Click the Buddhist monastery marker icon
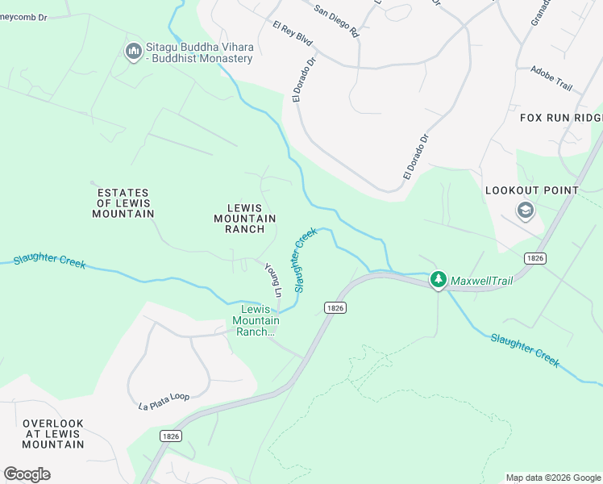[x=133, y=52]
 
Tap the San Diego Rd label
[x=336, y=22]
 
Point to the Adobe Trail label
[x=551, y=77]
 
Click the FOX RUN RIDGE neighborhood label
[x=561, y=118]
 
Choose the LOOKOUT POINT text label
[x=531, y=190]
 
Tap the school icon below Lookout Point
[x=526, y=211]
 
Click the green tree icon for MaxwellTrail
[x=438, y=280]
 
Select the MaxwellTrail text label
[x=481, y=281]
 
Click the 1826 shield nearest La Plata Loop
[x=169, y=436]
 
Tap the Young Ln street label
[x=273, y=279]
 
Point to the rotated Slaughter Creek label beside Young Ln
[x=305, y=261]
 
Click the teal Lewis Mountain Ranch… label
[x=256, y=320]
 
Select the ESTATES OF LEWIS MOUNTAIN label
[x=123, y=203]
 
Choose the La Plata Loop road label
[x=164, y=402]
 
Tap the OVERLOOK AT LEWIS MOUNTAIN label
[x=53, y=434]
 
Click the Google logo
[x=27, y=474]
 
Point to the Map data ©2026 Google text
[x=553, y=478]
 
